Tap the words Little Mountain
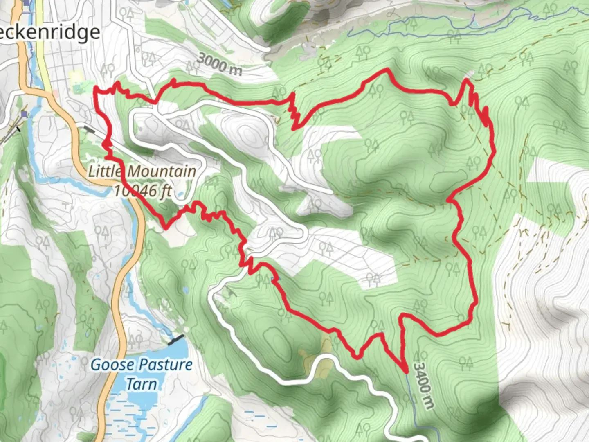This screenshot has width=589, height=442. tap(142, 171)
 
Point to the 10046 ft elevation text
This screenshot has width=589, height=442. tap(142, 191)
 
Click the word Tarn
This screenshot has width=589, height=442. tap(141, 384)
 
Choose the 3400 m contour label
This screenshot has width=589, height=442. tap(423, 385)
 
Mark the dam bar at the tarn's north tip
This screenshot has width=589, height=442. tap(176, 339)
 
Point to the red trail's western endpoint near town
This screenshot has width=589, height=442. tap(95, 88)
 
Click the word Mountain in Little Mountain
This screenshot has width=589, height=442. tap(162, 171)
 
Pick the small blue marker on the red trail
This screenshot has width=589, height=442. tap(273, 279)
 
